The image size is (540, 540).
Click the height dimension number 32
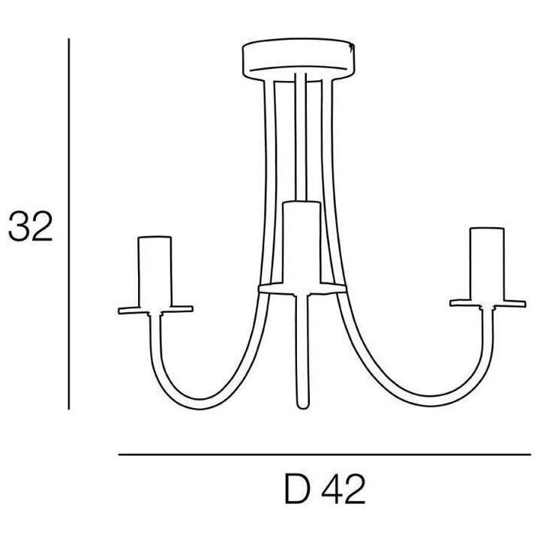click(30, 226)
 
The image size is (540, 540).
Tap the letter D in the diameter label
click(298, 489)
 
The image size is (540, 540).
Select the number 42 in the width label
click(343, 489)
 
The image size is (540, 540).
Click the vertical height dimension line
click(69, 223)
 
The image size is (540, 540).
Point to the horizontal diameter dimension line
click(325, 454)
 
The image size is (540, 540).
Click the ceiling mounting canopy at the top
click(298, 60)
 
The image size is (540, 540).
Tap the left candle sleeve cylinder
click(154, 271)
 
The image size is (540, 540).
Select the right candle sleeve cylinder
click(487, 263)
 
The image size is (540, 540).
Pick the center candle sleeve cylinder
click(301, 243)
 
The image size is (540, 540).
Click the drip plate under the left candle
click(155, 310)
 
